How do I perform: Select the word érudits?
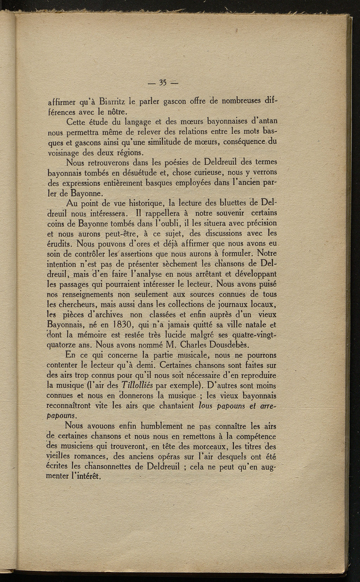60,243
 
